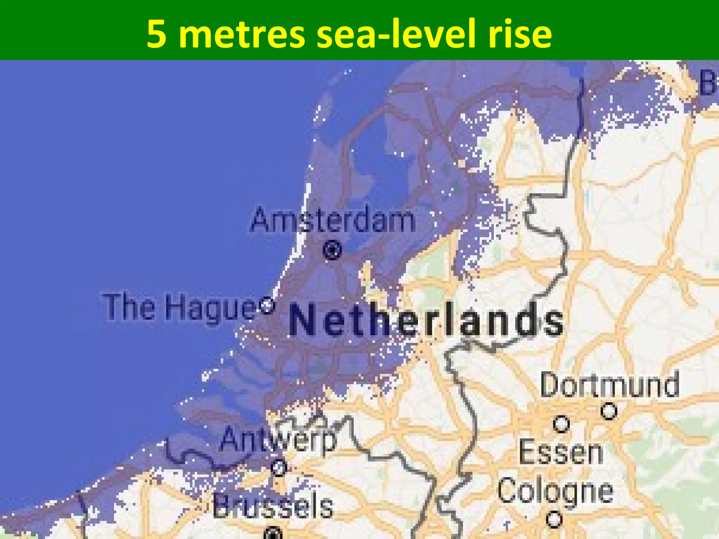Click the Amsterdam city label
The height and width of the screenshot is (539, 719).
click(333, 220)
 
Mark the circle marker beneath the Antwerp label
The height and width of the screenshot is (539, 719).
click(279, 467)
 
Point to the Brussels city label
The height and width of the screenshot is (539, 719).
click(273, 506)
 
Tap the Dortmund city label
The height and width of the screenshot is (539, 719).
click(609, 385)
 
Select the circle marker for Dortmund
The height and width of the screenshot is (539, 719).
click(609, 411)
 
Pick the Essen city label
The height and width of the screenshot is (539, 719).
click(561, 452)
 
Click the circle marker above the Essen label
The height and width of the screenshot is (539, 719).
click(561, 424)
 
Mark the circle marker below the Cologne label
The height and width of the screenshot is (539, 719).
click(554, 519)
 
